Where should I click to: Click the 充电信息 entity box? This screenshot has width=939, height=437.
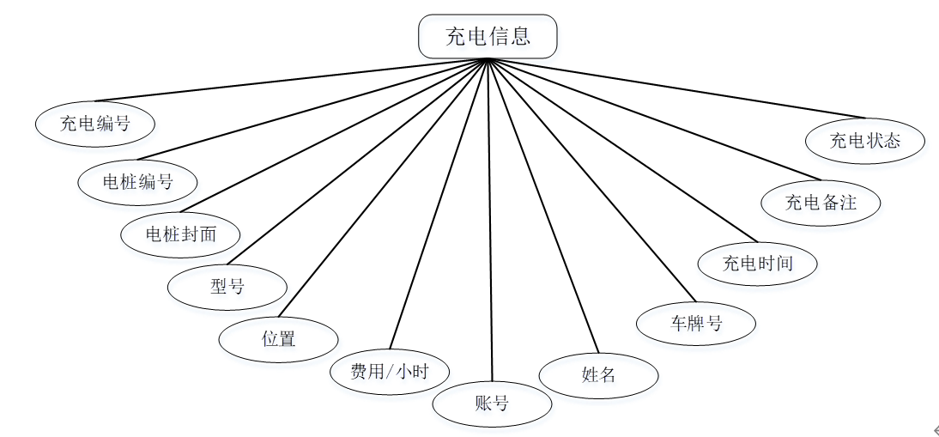[x=488, y=36]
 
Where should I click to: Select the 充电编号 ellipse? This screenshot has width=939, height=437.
[x=95, y=124]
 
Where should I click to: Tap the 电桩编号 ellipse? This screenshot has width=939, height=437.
[x=137, y=182]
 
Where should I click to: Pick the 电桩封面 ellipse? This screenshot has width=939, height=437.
[x=180, y=234]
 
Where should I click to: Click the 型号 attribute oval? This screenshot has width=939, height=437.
[x=227, y=287]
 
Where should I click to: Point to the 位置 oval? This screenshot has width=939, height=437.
[x=278, y=338]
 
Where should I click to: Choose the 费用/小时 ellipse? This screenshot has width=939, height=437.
[x=390, y=372]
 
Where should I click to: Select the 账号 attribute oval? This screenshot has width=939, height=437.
[x=492, y=403]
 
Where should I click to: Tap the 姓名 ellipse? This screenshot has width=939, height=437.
[x=598, y=374]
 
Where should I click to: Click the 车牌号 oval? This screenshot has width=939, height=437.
[x=696, y=324]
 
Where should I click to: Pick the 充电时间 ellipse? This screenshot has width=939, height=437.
[x=757, y=263]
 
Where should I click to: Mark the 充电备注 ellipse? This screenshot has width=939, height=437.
[x=821, y=203]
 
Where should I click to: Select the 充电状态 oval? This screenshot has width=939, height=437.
[x=865, y=140]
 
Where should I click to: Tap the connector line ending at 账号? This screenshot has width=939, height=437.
[x=490, y=223]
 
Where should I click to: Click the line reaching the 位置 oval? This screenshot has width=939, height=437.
[x=384, y=187]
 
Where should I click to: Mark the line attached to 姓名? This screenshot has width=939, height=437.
[x=541, y=206]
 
